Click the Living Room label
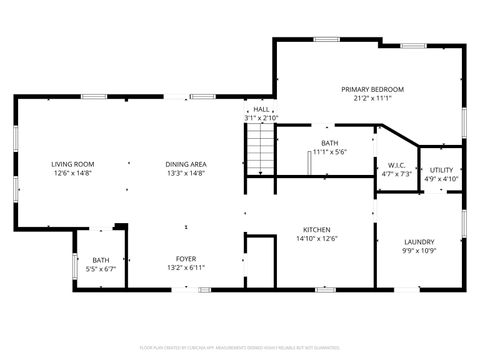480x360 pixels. click(x=73, y=164)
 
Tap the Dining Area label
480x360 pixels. click(x=186, y=164)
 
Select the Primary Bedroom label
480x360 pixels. click(x=372, y=89)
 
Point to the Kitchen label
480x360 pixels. click(x=317, y=229)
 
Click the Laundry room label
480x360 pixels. click(x=418, y=241)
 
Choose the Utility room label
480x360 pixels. click(x=441, y=170)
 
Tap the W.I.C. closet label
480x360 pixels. click(x=397, y=165)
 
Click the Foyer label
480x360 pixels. click(x=186, y=258)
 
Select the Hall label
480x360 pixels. click(x=261, y=109)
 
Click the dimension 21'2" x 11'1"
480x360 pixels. click(x=372, y=98)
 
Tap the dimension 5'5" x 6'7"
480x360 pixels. click(x=101, y=268)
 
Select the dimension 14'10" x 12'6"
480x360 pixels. click(x=317, y=238)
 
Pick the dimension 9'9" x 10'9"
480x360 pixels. click(x=418, y=250)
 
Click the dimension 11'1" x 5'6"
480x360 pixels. click(x=329, y=152)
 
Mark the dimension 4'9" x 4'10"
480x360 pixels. click(x=441, y=179)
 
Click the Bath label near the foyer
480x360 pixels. click(x=101, y=260)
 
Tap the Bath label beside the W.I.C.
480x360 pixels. click(x=329, y=143)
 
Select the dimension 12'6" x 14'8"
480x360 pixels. click(x=73, y=173)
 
